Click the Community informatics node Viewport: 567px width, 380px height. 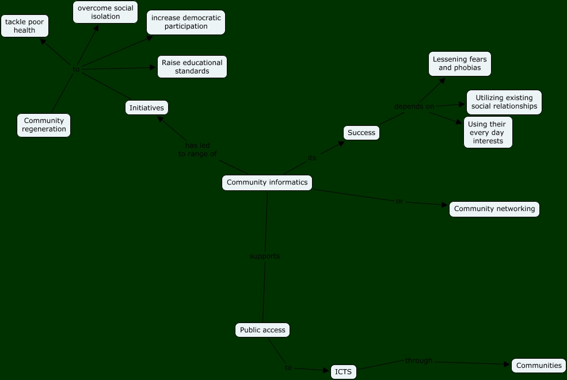[267, 183]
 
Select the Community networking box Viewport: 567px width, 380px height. [494, 209]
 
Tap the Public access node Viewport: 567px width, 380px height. [262, 330]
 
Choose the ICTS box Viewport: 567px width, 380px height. [344, 372]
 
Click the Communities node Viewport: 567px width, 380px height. [539, 366]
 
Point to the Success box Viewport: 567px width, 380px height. [361, 133]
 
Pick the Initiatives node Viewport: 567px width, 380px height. [147, 108]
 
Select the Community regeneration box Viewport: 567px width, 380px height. [44, 125]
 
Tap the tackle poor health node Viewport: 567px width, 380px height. [25, 26]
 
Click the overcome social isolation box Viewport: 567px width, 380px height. [105, 12]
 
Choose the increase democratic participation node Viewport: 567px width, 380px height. [186, 22]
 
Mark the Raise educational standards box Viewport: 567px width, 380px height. [192, 67]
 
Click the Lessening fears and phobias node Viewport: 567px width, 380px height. [460, 63]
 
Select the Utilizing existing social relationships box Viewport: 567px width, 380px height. [504, 102]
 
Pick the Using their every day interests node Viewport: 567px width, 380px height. [488, 132]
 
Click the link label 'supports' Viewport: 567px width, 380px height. [265, 256]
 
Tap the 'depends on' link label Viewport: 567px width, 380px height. [414, 106]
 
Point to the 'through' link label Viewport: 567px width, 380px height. [418, 360]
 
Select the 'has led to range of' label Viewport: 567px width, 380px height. [197, 149]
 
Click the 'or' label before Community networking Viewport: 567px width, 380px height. [399, 201]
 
